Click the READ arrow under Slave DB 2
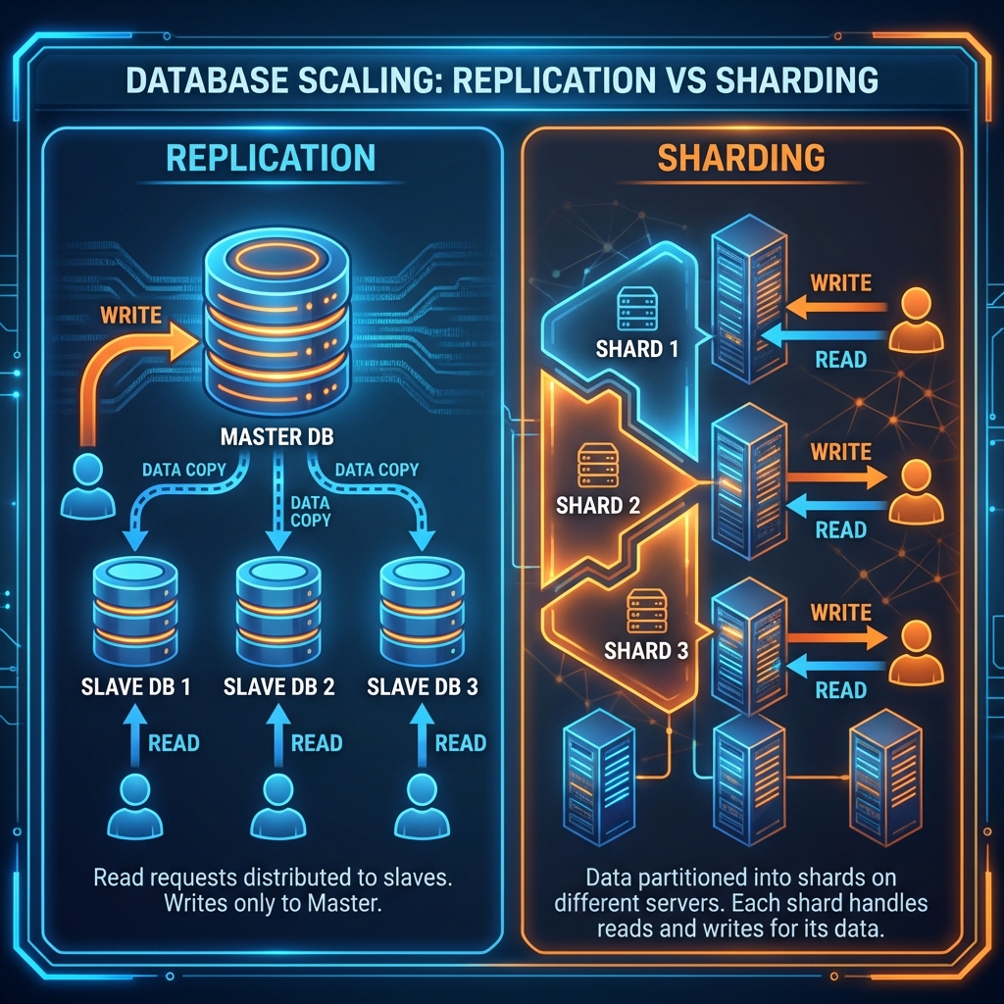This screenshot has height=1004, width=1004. pos(277,743)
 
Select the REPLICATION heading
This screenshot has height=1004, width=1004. pos(271,160)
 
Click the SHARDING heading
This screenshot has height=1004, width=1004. pos(739,158)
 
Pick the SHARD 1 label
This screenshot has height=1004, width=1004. pos(636,348)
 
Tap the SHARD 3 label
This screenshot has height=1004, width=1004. pos(646,650)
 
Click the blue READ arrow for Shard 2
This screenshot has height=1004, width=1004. pos(828,506)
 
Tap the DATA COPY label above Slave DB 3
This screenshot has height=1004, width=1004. pos(377,469)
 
